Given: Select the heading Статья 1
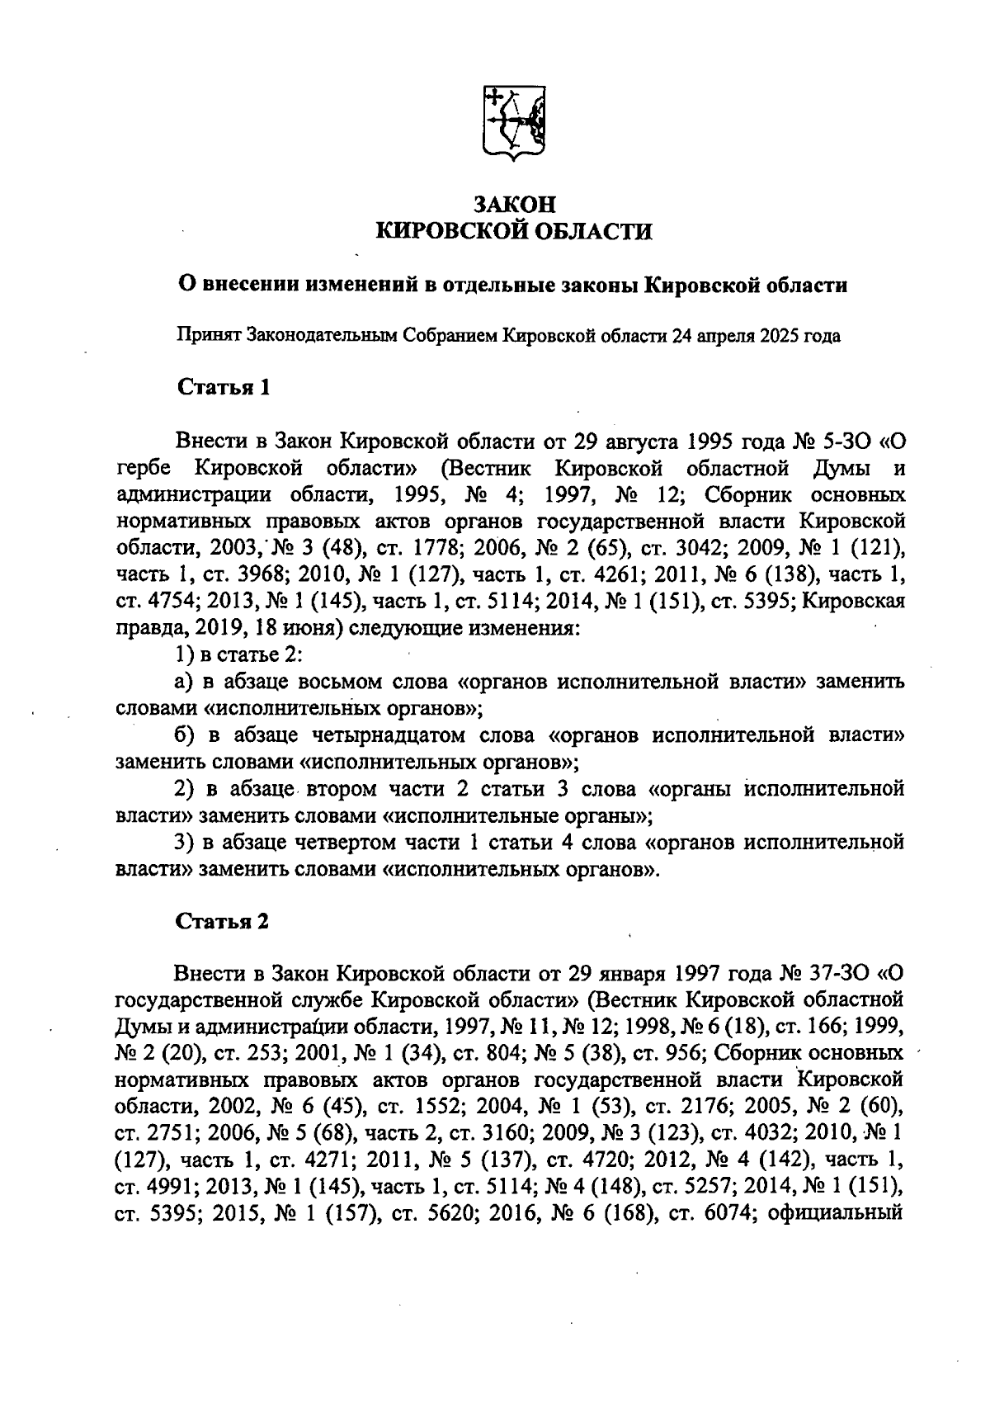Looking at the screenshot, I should click(224, 387).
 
